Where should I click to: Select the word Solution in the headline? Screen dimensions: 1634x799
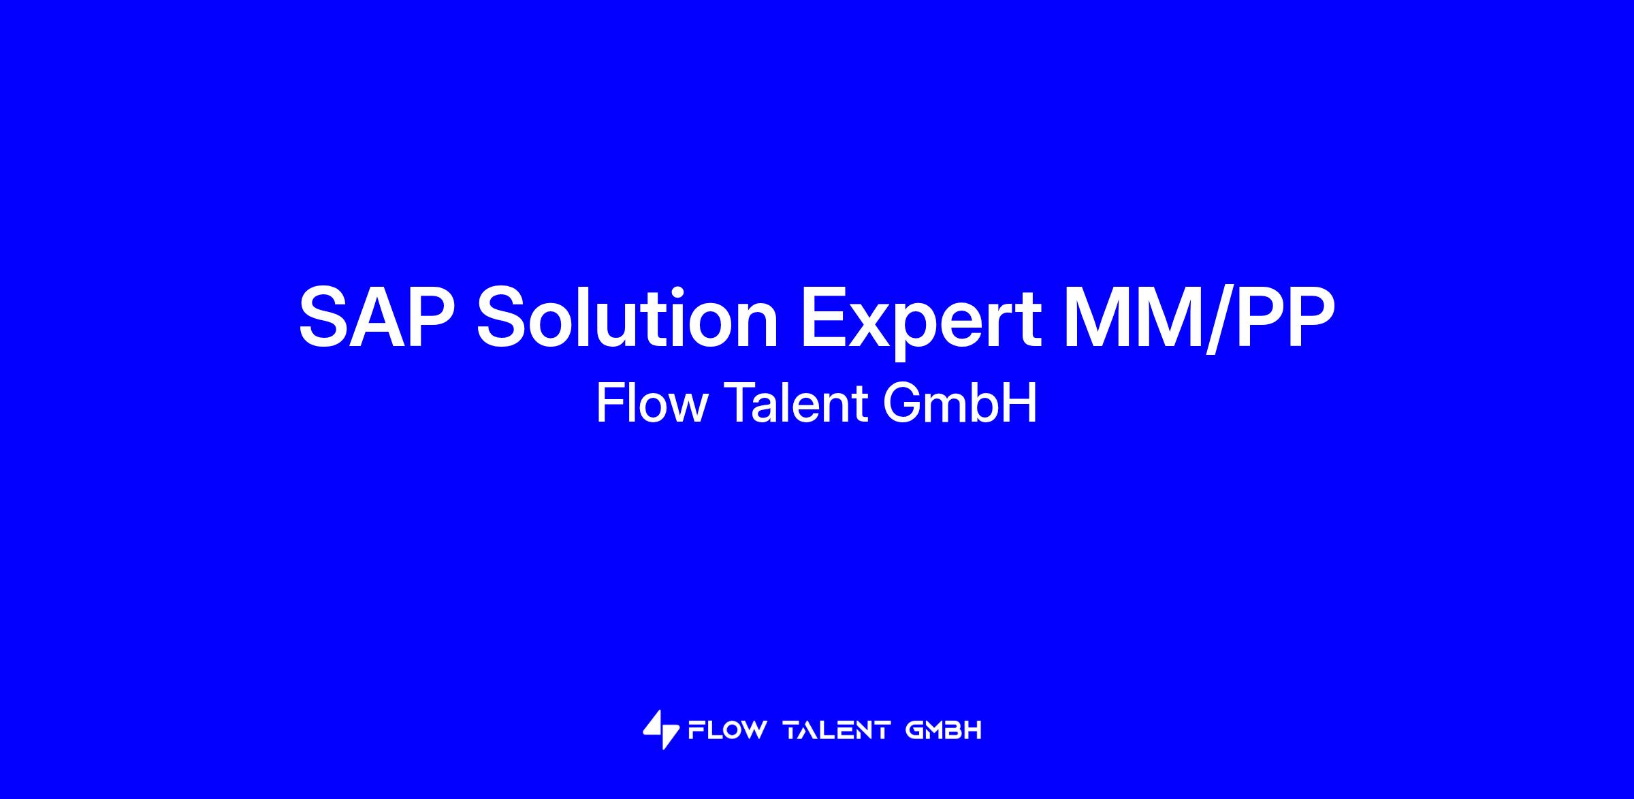click(x=627, y=318)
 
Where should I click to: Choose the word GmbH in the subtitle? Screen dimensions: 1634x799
click(x=960, y=403)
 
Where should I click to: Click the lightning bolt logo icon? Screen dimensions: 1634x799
click(x=660, y=730)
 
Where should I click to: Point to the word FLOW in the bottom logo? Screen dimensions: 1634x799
click(x=727, y=731)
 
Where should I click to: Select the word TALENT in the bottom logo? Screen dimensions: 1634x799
click(x=837, y=731)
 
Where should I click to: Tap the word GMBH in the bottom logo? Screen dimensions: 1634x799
click(x=944, y=731)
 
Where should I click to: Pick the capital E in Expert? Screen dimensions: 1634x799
click(x=827, y=318)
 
